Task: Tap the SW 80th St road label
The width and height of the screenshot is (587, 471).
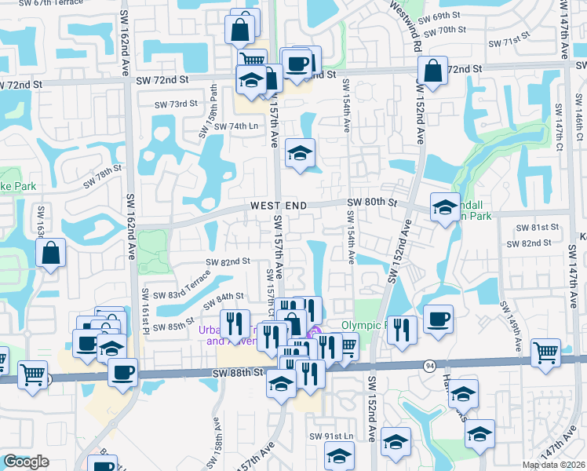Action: tap(373, 203)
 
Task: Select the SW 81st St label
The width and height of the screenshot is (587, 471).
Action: tap(537, 228)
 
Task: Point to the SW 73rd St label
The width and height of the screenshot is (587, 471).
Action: tap(176, 104)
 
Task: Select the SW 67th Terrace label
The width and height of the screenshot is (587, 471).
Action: tap(33, 4)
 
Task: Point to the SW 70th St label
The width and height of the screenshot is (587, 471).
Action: tap(444, 31)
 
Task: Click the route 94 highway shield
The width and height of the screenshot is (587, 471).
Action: tap(430, 365)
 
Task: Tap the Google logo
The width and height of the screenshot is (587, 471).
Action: tap(25, 462)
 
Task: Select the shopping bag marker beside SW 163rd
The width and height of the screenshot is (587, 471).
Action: tap(50, 254)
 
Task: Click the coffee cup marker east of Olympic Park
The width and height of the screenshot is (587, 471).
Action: tap(438, 319)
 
